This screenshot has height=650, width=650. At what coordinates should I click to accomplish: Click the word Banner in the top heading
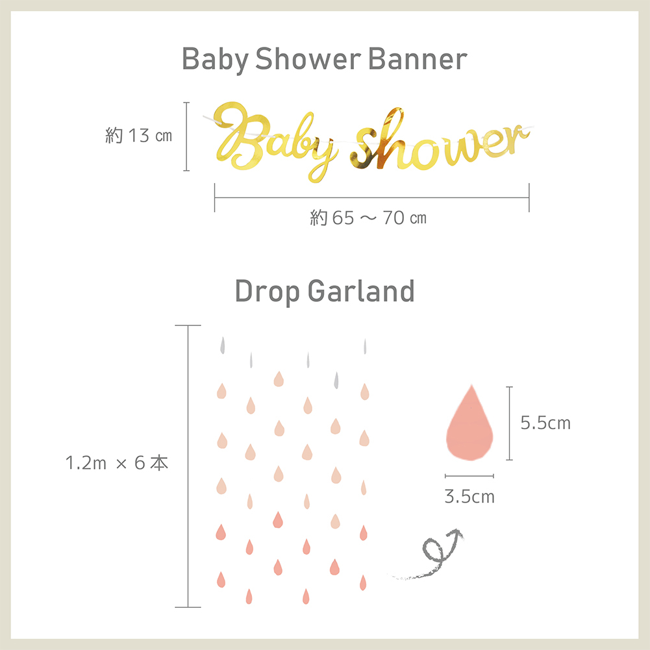418,59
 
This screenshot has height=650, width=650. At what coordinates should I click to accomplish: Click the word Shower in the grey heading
308,59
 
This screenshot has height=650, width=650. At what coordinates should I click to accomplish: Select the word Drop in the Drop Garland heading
267,292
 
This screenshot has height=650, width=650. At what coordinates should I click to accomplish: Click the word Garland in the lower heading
361,291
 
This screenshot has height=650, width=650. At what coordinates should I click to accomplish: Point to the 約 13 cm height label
138,136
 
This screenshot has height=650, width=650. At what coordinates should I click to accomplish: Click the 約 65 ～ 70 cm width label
368,218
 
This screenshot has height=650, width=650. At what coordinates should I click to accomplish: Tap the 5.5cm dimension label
545,423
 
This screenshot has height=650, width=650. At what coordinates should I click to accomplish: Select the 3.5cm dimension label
469,496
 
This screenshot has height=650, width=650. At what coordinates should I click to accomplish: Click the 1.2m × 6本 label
117,463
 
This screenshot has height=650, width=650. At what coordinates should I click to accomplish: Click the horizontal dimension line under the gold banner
372,198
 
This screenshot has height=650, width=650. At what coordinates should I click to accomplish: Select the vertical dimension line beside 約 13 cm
186,136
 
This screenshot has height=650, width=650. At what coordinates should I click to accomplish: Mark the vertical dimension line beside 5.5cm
510,423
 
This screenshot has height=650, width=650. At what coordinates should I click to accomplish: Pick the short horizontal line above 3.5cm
469,476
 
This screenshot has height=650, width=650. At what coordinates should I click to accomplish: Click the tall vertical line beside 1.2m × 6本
188,466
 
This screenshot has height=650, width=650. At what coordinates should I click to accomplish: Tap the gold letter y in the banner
321,160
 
